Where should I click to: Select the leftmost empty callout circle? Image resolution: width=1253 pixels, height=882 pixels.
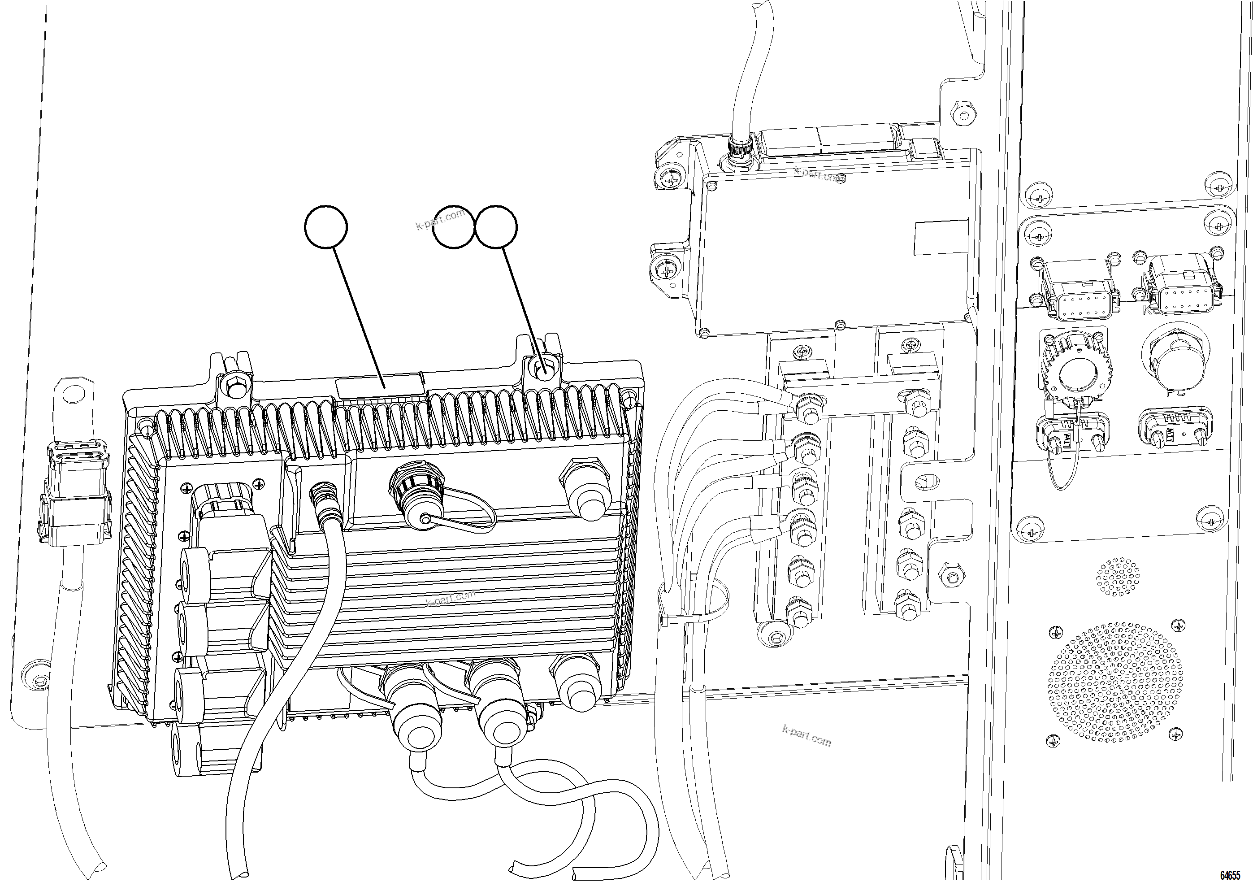coord(326,226)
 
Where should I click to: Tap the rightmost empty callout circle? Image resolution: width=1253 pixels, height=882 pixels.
coord(496,226)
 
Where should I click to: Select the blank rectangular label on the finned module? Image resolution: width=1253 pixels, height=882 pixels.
coord(380,387)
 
